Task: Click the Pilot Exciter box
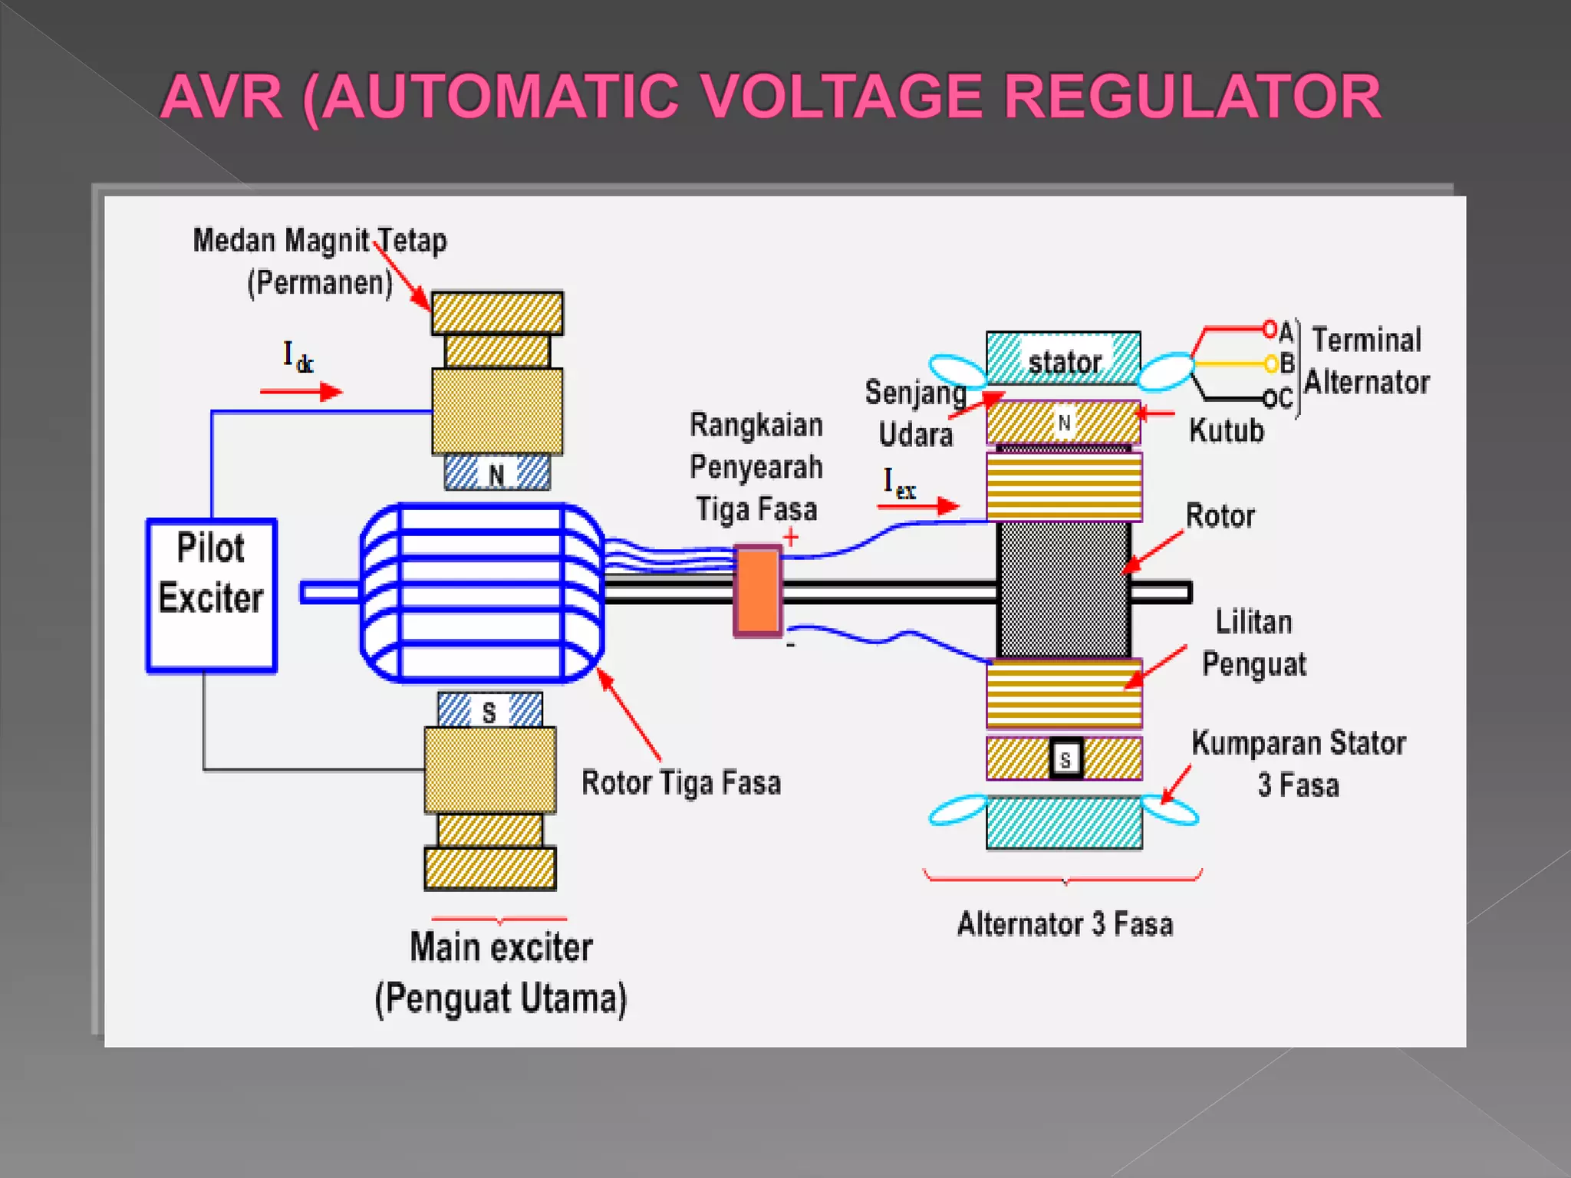click(x=211, y=595)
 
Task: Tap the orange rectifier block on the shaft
click(x=758, y=591)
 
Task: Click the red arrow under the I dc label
click(x=301, y=392)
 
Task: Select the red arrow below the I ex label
click(x=918, y=505)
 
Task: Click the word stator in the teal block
click(x=1064, y=362)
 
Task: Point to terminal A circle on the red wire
click(x=1270, y=330)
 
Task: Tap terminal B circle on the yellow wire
click(x=1271, y=363)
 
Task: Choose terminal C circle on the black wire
click(x=1270, y=398)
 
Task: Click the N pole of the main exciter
click(x=496, y=474)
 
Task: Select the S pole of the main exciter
click(x=489, y=712)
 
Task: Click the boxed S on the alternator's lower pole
click(x=1065, y=759)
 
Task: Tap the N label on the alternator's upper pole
click(x=1064, y=423)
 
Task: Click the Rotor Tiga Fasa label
click(x=681, y=783)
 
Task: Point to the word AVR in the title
click(x=222, y=97)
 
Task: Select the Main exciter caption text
click(x=501, y=947)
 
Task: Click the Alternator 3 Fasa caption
click(x=1065, y=924)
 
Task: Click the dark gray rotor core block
click(x=1063, y=589)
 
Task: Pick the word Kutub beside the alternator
click(x=1227, y=431)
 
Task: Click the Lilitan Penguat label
click(x=1253, y=643)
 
